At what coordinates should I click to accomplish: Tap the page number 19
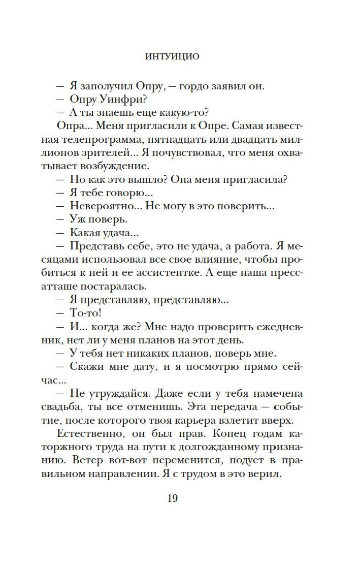[x=172, y=498]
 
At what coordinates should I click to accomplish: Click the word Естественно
[x=99, y=447]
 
